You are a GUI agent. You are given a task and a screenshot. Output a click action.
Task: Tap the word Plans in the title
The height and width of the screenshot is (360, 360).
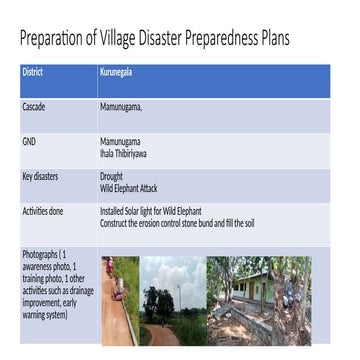270,40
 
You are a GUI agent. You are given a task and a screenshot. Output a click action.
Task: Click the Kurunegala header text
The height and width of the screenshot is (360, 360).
117,73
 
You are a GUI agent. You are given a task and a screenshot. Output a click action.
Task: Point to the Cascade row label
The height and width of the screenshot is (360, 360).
33,105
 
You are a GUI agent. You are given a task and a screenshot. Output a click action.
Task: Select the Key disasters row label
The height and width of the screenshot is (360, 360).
40,176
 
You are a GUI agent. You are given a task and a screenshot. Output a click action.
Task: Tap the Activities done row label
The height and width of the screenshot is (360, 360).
42,212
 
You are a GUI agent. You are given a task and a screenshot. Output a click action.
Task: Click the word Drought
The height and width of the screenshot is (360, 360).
111,177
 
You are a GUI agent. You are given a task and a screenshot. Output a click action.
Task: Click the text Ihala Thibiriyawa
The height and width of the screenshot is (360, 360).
126,152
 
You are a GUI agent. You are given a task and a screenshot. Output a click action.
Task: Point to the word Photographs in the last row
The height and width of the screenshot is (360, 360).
39,255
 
